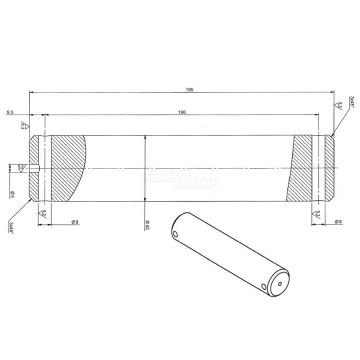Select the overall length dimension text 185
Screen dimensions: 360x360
click(x=180, y=88)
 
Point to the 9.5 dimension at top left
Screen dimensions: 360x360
click(x=9, y=113)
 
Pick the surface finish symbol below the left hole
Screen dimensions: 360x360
click(x=41, y=214)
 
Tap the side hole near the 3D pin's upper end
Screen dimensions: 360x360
click(x=177, y=236)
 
